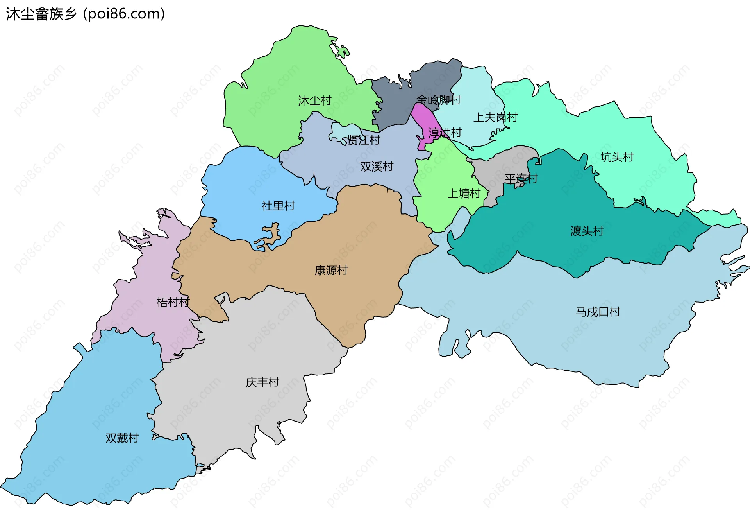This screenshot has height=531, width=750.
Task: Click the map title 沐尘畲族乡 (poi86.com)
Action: click(85, 14)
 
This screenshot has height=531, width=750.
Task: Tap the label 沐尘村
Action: click(314, 101)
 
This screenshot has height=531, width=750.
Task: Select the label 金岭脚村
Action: click(438, 100)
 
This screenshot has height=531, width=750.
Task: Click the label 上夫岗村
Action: click(495, 117)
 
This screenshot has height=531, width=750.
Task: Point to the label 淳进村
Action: click(445, 133)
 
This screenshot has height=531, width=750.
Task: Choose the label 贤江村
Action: click(363, 140)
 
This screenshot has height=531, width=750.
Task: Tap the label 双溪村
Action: click(377, 167)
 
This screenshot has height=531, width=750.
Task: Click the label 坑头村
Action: click(617, 157)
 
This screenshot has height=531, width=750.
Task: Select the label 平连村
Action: click(521, 179)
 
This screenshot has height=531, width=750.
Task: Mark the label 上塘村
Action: click(464, 194)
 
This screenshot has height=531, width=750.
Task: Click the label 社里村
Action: click(278, 206)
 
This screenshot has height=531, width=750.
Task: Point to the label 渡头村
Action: click(587, 231)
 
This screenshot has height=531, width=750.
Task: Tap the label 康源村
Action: click(331, 270)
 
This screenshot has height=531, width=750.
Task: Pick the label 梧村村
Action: click(173, 302)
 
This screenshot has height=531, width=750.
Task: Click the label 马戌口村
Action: click(598, 312)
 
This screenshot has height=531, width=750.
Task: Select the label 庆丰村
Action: click(262, 382)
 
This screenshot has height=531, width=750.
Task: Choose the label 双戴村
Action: click(122, 438)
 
